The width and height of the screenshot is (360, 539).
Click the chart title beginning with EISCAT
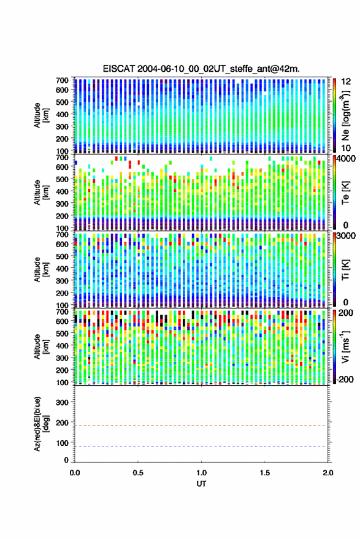[x=202, y=69]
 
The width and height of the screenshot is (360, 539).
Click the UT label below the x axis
[x=202, y=484]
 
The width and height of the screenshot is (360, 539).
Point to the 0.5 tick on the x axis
[x=138, y=473]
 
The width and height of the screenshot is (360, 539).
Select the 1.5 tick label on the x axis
[x=265, y=473]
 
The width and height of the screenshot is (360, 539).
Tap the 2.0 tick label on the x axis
[x=328, y=473]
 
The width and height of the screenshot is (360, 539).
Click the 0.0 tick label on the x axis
[x=75, y=473]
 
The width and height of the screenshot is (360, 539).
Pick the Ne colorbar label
[x=346, y=115]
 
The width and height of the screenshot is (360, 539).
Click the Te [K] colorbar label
[x=345, y=192]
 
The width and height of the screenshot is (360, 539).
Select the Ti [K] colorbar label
[x=345, y=270]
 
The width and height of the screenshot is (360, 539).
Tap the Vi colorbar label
[x=345, y=346]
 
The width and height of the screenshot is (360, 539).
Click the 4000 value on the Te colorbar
[x=346, y=159]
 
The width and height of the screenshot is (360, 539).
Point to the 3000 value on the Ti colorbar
[x=346, y=236]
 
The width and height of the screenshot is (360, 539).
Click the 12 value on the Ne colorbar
[x=346, y=82]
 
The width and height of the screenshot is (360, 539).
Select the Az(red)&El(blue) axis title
[x=40, y=424]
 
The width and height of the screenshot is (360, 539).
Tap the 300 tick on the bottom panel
[x=62, y=402]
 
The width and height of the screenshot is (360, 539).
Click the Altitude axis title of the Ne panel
[x=40, y=115]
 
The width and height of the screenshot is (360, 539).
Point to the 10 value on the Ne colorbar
[x=346, y=148]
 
